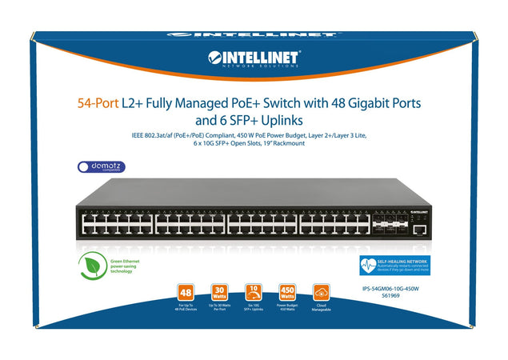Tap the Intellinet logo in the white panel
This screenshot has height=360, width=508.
(254, 58)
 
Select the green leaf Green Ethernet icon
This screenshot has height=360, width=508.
(93, 268)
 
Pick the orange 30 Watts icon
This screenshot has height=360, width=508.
(222, 291)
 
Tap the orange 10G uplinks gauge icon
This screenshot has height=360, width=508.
(254, 291)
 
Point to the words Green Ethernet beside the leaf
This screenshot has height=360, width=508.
(127, 260)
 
